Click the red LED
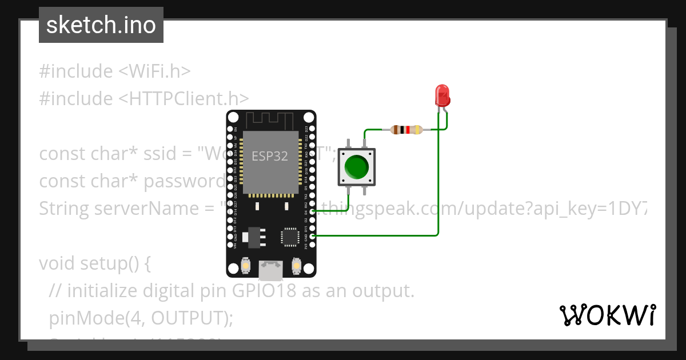(x=442, y=96)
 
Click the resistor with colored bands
(x=406, y=130)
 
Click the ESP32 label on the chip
(x=270, y=155)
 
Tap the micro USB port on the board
(x=270, y=270)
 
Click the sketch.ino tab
(x=101, y=25)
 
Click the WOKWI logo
(x=607, y=315)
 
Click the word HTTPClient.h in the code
(x=184, y=99)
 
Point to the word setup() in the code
(x=115, y=263)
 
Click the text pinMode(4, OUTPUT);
(x=141, y=318)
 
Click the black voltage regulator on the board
(x=252, y=236)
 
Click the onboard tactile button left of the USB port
(x=245, y=265)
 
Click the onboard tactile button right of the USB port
(x=296, y=265)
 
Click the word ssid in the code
(x=172, y=154)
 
